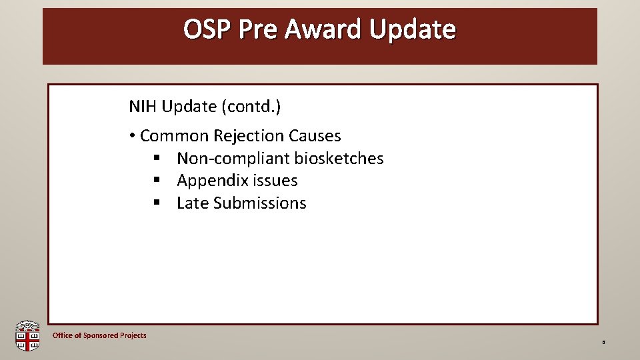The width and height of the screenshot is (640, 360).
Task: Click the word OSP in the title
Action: (207, 29)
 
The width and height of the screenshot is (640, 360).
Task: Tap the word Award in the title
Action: (323, 29)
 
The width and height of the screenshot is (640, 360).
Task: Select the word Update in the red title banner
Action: (412, 30)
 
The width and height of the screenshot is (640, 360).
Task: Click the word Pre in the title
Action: (257, 29)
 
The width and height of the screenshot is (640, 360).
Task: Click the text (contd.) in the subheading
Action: (251, 107)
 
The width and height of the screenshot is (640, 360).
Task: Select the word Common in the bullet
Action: (174, 136)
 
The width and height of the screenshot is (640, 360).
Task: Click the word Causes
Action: (315, 136)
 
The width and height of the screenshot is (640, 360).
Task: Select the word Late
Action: (193, 203)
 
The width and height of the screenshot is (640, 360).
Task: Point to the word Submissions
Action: (260, 203)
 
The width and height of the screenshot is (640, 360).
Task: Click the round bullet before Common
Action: (132, 136)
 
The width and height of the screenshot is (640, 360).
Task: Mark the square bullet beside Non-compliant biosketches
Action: (157, 157)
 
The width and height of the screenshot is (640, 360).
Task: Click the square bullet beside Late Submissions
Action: (157, 202)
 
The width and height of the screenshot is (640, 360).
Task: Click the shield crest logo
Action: (27, 335)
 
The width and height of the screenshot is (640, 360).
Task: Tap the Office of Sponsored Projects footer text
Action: (99, 335)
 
